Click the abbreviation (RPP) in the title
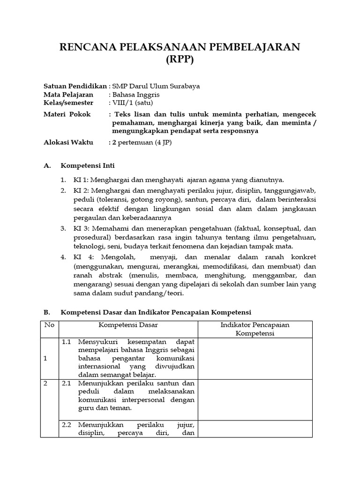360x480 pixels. pyautogui.click(x=180, y=60)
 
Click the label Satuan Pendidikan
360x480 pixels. pyautogui.click(x=75, y=86)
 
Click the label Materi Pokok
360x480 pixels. pyautogui.click(x=67, y=114)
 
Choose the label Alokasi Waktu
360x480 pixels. pyautogui.click(x=68, y=142)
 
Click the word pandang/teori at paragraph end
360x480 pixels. pyautogui.click(x=161, y=293)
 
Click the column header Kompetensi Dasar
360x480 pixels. pyautogui.click(x=128, y=324)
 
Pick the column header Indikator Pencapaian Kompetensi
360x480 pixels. pyautogui.click(x=255, y=329)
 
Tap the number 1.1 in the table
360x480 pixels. pyautogui.click(x=67, y=341)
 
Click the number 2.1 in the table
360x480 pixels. pyautogui.click(x=67, y=383)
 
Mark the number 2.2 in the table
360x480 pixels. pyautogui.click(x=67, y=425)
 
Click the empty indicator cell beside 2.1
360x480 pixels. pyautogui.click(x=255, y=399)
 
